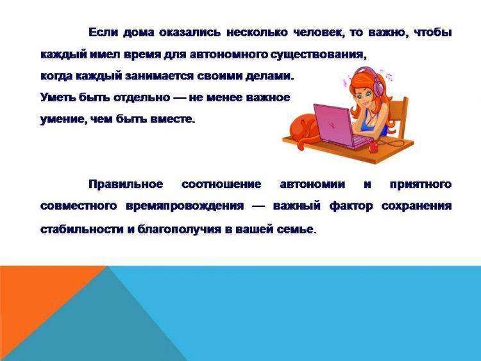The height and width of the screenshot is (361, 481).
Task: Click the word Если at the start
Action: click(x=103, y=32)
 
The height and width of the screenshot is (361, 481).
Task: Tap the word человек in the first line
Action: click(x=317, y=33)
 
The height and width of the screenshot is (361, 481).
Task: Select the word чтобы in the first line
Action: click(x=432, y=32)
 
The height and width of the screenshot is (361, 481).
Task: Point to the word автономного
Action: click(x=228, y=55)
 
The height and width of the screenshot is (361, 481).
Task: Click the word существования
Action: click(x=318, y=55)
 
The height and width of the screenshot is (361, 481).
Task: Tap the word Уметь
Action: click(x=58, y=97)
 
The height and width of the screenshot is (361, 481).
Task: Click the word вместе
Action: click(x=173, y=119)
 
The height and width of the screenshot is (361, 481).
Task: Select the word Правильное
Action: click(x=126, y=184)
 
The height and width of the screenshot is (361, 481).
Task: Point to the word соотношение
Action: click(x=221, y=184)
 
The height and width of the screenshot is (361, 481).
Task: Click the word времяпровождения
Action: click(x=185, y=206)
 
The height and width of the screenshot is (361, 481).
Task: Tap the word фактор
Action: click(x=351, y=206)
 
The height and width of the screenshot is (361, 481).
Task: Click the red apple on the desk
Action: click(x=373, y=147)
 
